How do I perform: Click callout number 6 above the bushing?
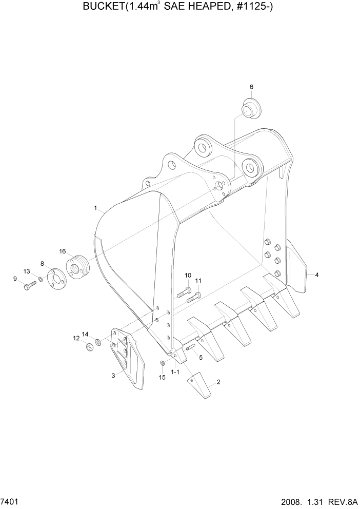(x=251, y=87)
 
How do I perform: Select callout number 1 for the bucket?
(x=95, y=208)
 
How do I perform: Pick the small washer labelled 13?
(x=40, y=280)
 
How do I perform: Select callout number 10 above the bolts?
(x=188, y=275)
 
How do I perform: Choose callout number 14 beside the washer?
(x=85, y=334)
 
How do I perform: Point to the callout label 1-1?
(x=175, y=371)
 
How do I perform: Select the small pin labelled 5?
(x=191, y=348)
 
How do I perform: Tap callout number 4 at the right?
(x=317, y=275)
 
